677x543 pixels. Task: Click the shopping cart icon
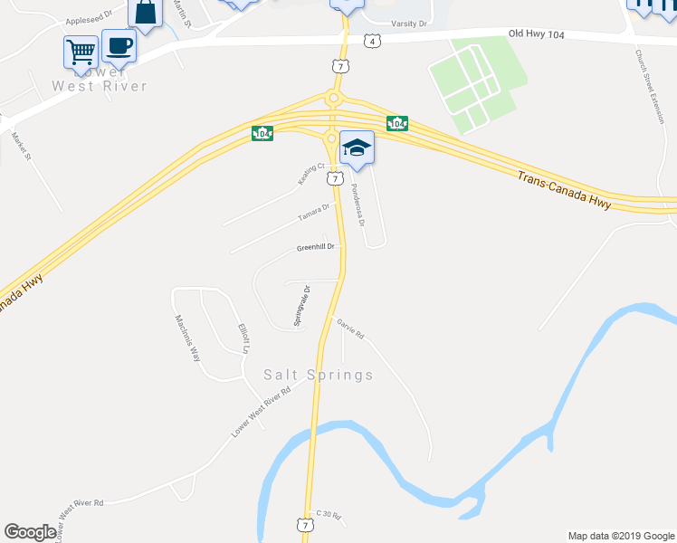click(81, 51)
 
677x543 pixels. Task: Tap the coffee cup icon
click(119, 44)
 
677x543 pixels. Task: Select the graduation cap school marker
click(358, 148)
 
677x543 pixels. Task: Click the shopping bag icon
click(145, 12)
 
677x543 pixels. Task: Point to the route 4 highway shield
click(371, 42)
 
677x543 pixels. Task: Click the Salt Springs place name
click(318, 375)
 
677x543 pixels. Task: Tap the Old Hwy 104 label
click(535, 33)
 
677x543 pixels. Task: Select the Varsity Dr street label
click(409, 24)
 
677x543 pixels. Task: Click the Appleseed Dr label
click(88, 15)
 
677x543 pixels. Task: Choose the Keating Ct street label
click(311, 173)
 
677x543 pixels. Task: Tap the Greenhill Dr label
click(316, 247)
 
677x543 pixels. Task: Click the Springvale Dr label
click(301, 306)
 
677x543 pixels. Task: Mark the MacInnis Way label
click(187, 338)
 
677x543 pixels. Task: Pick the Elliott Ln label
click(243, 338)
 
